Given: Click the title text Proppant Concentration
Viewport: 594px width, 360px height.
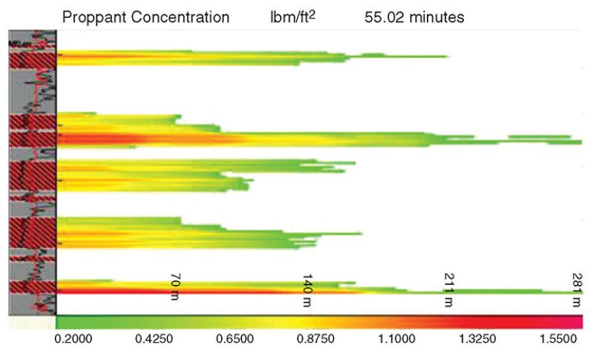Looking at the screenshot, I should coord(146,17).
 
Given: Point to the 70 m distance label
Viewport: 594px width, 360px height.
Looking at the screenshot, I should coord(175,285).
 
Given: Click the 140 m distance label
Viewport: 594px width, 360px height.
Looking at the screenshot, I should coord(307,290).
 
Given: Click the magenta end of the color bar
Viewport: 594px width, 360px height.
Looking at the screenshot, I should coord(578,321).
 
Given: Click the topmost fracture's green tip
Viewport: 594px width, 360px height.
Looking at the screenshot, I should coord(438,56).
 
